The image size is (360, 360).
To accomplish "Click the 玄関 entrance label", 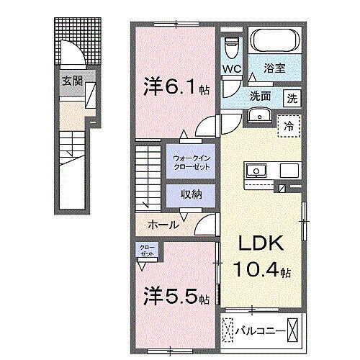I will pos(71,81).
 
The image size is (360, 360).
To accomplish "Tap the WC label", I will pos(232,69).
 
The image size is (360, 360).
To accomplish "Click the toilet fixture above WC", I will pos(230,48).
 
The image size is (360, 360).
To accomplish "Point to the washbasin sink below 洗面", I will pos(258,117).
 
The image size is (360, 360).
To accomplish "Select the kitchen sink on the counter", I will pos(256,171).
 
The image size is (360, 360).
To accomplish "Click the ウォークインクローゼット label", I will pos(191,162).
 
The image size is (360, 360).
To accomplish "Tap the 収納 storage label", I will pos(191,194).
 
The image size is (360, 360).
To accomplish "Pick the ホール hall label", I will pos(163,225).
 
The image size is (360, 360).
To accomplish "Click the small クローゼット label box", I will pos(147,251).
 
